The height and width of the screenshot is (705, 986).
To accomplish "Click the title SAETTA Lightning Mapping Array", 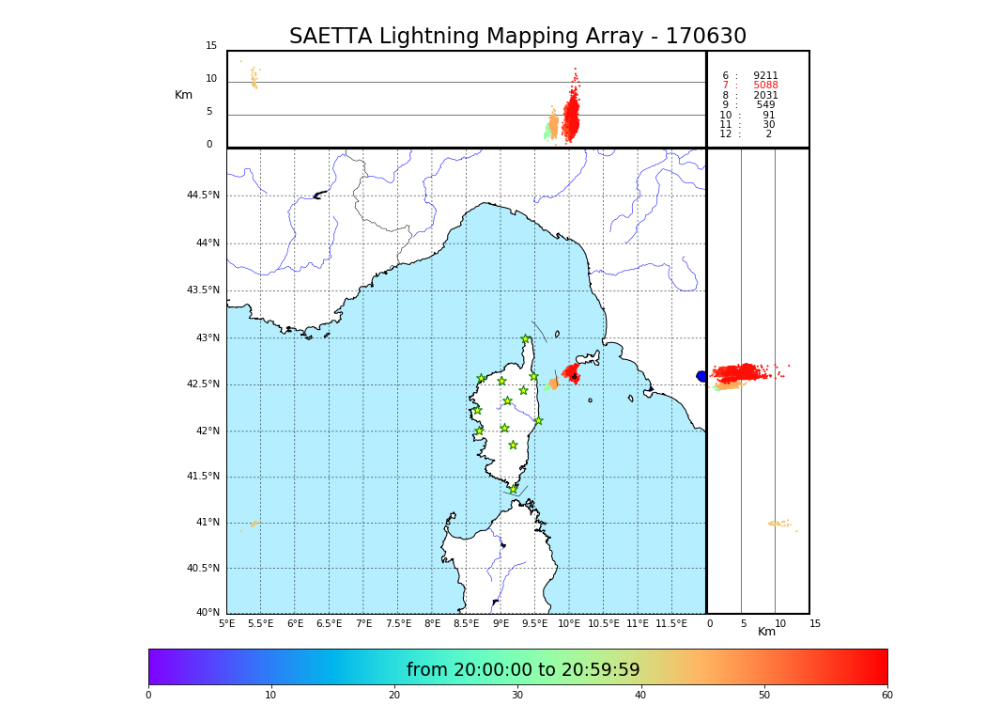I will point(517,37).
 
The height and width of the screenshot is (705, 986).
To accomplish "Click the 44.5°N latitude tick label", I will point(203,196).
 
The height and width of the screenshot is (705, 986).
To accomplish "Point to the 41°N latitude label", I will point(207,523).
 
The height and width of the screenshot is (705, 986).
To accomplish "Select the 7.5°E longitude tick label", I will point(398,623).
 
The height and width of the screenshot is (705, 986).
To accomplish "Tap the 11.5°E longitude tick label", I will point(671,623).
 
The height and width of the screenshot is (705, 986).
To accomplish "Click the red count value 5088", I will point(765,86).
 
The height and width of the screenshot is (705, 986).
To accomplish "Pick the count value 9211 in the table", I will point(765,76).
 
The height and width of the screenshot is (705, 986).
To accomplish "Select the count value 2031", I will point(765,95).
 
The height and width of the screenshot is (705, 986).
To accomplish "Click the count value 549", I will point(766,105).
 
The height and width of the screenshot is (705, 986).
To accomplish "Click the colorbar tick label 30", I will point(517,695).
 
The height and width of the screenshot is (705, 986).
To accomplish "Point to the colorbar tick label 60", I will point(886,695).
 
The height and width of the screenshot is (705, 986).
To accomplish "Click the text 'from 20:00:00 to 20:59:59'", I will point(523,670).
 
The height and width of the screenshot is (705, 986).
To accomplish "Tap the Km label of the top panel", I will point(183,95).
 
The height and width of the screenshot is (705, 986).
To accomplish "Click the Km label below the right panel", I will point(766,632).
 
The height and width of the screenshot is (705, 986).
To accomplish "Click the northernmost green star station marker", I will point(526,339).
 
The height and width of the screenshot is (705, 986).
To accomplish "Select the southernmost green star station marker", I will point(514,489).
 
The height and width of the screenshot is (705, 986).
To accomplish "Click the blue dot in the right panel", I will point(701,376).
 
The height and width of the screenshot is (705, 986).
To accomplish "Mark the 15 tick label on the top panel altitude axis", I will point(211,46).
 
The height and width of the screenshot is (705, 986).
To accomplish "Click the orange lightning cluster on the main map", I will point(553,384).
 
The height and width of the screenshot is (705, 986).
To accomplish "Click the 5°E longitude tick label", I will point(227,623).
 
